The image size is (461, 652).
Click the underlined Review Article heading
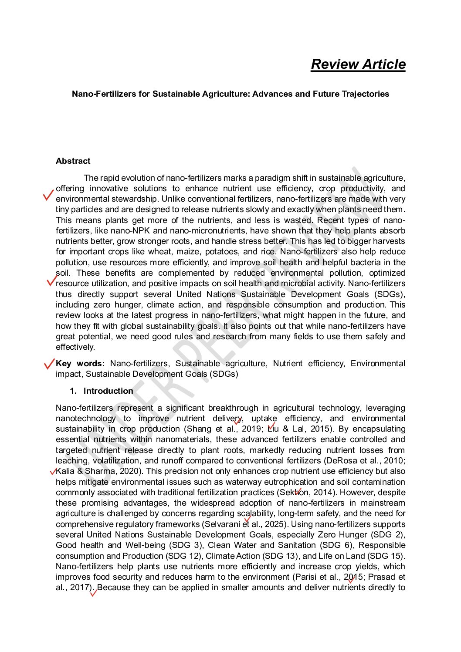click(358, 64)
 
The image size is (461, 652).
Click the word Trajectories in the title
click(365, 94)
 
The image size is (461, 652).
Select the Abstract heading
click(73, 161)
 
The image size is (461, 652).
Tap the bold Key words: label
click(80, 364)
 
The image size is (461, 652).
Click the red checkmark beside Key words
click(49, 364)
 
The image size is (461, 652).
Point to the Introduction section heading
click(108, 391)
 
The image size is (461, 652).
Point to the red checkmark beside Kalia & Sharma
click(54, 471)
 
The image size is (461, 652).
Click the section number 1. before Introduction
click(73, 391)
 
